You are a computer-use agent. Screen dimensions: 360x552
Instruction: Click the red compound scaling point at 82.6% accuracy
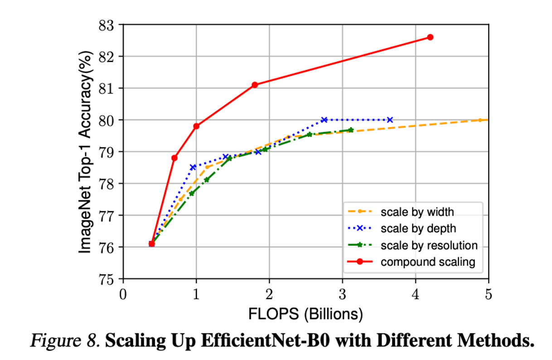tap(430, 37)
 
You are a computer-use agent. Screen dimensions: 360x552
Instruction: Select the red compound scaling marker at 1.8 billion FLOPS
tap(255, 85)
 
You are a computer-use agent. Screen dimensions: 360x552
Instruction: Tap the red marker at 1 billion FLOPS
tap(196, 126)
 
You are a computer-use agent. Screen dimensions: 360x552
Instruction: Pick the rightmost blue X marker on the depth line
tap(390, 120)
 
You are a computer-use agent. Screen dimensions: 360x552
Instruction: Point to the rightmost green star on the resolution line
tap(350, 130)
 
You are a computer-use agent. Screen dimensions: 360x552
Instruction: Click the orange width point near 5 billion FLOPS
tap(480, 120)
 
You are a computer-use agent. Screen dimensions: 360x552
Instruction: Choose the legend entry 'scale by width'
tap(417, 212)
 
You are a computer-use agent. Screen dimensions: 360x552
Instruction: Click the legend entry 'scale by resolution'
tap(429, 245)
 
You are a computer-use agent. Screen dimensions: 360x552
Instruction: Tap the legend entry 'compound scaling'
tap(427, 262)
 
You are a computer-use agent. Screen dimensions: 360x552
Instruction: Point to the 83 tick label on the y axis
tap(107, 25)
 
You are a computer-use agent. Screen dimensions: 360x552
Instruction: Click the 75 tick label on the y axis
tap(107, 279)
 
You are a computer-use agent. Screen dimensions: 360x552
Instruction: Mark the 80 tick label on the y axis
tap(107, 120)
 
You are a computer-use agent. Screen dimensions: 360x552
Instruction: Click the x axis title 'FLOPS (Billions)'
tap(305, 313)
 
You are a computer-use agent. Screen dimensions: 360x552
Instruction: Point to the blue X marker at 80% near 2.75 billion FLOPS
tap(324, 120)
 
